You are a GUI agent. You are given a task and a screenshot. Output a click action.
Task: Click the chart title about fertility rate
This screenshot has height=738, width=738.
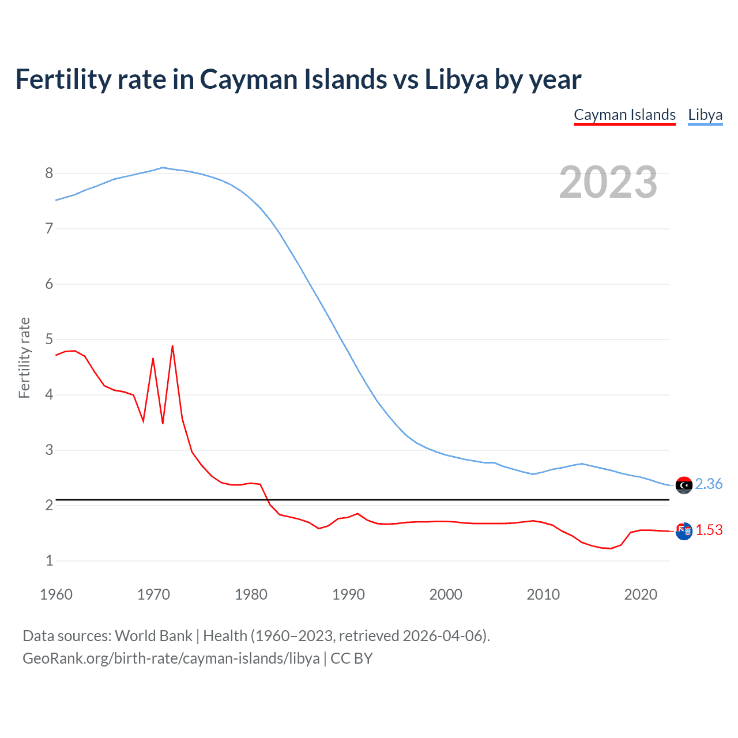click(x=298, y=80)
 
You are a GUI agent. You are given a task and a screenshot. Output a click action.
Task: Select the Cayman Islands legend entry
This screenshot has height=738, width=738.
click(x=624, y=115)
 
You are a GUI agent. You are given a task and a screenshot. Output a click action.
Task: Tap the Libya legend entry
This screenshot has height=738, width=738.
click(x=705, y=115)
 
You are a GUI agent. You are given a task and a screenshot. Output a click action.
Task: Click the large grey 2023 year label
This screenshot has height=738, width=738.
click(x=608, y=182)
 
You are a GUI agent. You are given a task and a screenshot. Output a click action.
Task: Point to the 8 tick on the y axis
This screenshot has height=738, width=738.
click(x=49, y=174)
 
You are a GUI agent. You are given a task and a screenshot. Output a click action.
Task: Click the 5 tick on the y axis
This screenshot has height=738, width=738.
click(x=49, y=340)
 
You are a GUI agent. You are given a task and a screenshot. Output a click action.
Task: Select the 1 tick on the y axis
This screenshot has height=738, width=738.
click(x=49, y=561)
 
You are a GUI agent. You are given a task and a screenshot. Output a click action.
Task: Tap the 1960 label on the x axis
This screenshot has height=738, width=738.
click(x=56, y=594)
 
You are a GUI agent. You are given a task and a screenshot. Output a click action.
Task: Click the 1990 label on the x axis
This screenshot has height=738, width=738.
click(x=348, y=594)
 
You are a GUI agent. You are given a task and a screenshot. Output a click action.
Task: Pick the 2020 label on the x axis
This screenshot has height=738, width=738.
click(x=641, y=594)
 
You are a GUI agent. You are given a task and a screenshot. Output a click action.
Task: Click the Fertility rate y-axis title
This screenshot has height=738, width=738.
click(x=24, y=357)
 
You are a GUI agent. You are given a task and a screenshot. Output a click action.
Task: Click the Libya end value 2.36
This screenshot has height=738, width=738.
click(x=709, y=484)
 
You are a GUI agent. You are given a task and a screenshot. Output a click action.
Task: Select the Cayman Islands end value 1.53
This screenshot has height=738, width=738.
click(x=709, y=530)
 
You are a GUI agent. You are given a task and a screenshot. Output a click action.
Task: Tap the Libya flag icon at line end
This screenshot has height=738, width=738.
click(x=684, y=485)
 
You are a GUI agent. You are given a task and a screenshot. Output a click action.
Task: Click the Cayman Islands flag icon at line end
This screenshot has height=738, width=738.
click(x=684, y=531)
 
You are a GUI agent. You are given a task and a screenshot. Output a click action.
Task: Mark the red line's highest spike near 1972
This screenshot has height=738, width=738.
click(x=172, y=346)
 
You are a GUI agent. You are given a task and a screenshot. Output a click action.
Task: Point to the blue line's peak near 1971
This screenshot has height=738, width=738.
click(x=163, y=168)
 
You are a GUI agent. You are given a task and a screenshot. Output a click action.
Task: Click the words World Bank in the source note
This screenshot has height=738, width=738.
click(x=153, y=636)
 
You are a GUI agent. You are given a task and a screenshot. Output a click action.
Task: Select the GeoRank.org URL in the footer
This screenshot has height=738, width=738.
click(x=171, y=658)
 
